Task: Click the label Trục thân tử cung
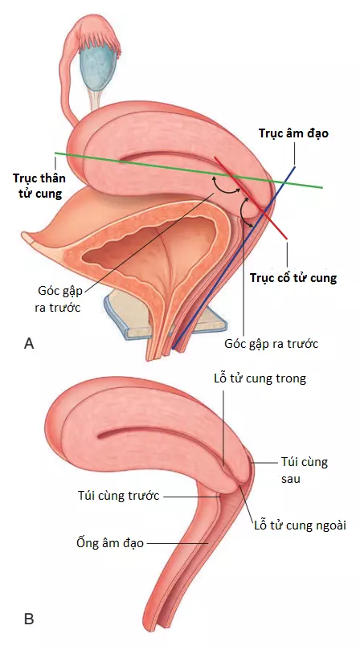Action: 39,186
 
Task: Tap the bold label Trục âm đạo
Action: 293,133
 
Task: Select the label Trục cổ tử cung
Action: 293,278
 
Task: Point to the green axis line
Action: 189,170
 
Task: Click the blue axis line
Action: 234,257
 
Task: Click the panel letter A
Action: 29,343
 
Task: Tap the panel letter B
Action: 29,619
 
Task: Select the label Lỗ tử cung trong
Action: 260,378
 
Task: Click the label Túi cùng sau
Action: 305,470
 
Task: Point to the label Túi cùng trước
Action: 119,495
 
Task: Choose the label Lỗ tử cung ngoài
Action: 301,525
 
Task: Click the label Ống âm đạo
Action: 110,542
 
